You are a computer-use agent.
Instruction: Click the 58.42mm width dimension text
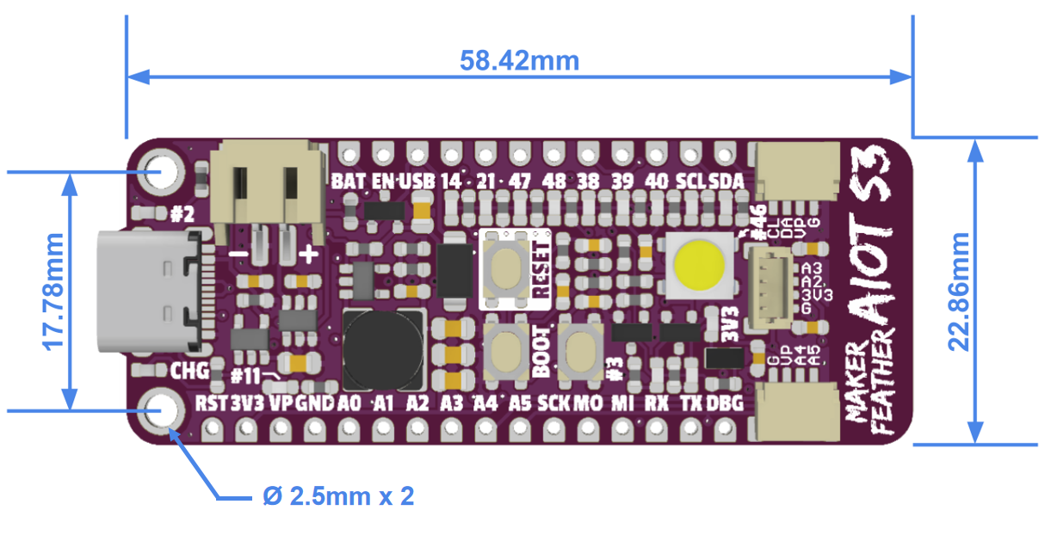pos(519,61)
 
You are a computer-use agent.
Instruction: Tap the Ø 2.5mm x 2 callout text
pos(337,496)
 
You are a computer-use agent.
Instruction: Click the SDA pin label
pos(729,181)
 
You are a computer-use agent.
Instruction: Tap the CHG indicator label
pos(189,372)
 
